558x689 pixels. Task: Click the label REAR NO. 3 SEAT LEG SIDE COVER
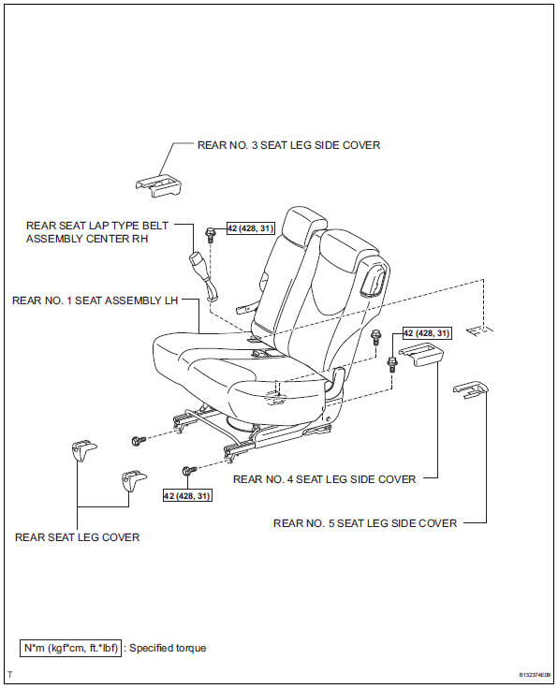tap(288, 145)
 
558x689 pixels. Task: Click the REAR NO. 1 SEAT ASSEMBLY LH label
tap(94, 301)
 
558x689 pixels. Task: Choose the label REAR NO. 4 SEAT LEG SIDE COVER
tap(324, 479)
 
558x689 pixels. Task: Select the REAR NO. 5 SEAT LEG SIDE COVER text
tap(365, 523)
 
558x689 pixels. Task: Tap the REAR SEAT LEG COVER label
tap(78, 537)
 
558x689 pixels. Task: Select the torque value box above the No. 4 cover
tap(427, 333)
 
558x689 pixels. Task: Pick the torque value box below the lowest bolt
tap(186, 494)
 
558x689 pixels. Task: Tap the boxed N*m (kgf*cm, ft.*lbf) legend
tap(70, 648)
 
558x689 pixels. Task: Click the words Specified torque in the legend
tap(167, 648)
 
